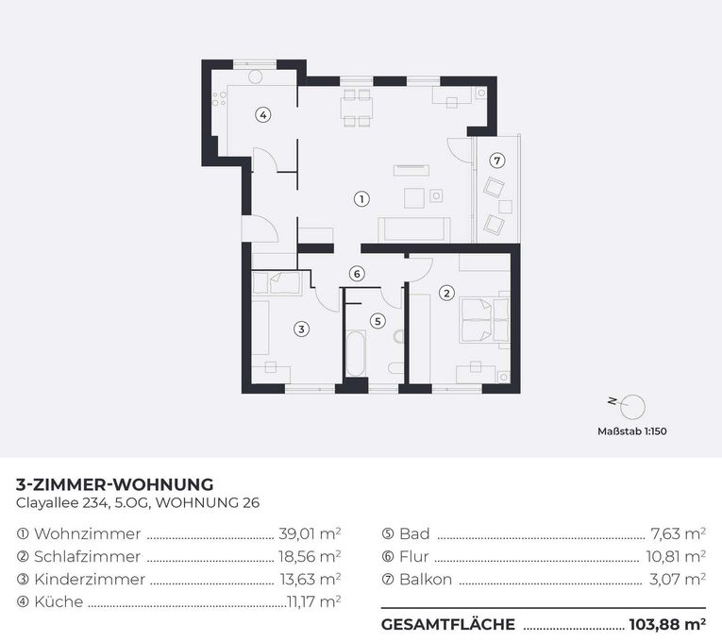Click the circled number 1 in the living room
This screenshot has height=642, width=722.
(x=361, y=199)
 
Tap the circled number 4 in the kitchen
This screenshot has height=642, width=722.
(x=263, y=114)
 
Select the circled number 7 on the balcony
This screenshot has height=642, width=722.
(x=496, y=160)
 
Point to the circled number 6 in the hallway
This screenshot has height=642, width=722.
(x=357, y=274)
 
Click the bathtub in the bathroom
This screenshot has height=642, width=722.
(x=355, y=353)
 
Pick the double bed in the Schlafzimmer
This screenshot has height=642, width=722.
(x=484, y=317)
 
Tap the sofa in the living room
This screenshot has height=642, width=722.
(x=414, y=228)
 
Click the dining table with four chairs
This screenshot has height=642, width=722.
(x=357, y=109)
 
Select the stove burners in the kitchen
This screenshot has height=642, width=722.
(x=219, y=98)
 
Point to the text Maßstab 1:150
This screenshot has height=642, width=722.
(x=631, y=431)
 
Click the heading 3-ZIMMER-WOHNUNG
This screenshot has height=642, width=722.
(x=114, y=484)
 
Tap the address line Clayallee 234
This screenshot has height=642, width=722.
(x=62, y=502)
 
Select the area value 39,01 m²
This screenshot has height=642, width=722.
(x=310, y=533)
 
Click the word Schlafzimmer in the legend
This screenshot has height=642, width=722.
(x=87, y=556)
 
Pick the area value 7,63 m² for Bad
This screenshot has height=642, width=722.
(x=678, y=533)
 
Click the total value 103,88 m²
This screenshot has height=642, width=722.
(x=667, y=624)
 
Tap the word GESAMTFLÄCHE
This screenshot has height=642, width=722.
(x=448, y=624)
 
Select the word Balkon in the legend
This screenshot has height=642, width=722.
(x=426, y=579)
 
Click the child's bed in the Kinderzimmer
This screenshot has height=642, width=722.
(x=277, y=283)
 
